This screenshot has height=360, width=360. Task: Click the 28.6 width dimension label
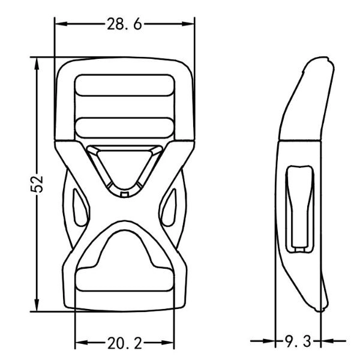[x=125, y=24]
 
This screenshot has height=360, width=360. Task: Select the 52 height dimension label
[x=38, y=185]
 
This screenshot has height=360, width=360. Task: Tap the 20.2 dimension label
[x=125, y=343]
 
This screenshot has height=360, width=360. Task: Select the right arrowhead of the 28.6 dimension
[x=192, y=24]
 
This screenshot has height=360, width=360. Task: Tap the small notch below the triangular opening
[x=125, y=193]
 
